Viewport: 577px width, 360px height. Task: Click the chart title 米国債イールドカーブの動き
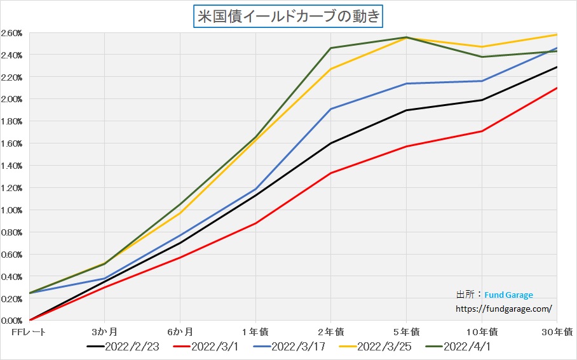pos(288,16)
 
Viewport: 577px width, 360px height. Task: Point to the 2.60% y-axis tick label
pos(12,32)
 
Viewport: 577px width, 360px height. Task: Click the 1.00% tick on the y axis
pos(12,210)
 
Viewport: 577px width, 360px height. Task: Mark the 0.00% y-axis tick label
pos(12,321)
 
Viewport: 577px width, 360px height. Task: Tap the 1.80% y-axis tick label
pos(12,121)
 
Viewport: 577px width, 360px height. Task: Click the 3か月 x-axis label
pos(105,331)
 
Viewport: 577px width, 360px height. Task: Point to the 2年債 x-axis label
pos(331,331)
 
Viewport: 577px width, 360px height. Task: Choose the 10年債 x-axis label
pos(481,331)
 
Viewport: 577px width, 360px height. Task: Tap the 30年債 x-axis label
pos(559,331)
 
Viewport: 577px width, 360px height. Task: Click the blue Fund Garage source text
pos(508,295)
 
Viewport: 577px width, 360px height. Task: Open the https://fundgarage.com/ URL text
pos(504,309)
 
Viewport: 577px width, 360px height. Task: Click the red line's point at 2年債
pos(330,173)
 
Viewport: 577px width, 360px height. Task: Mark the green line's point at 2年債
pos(330,48)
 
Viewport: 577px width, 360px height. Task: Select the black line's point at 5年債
pos(406,110)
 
